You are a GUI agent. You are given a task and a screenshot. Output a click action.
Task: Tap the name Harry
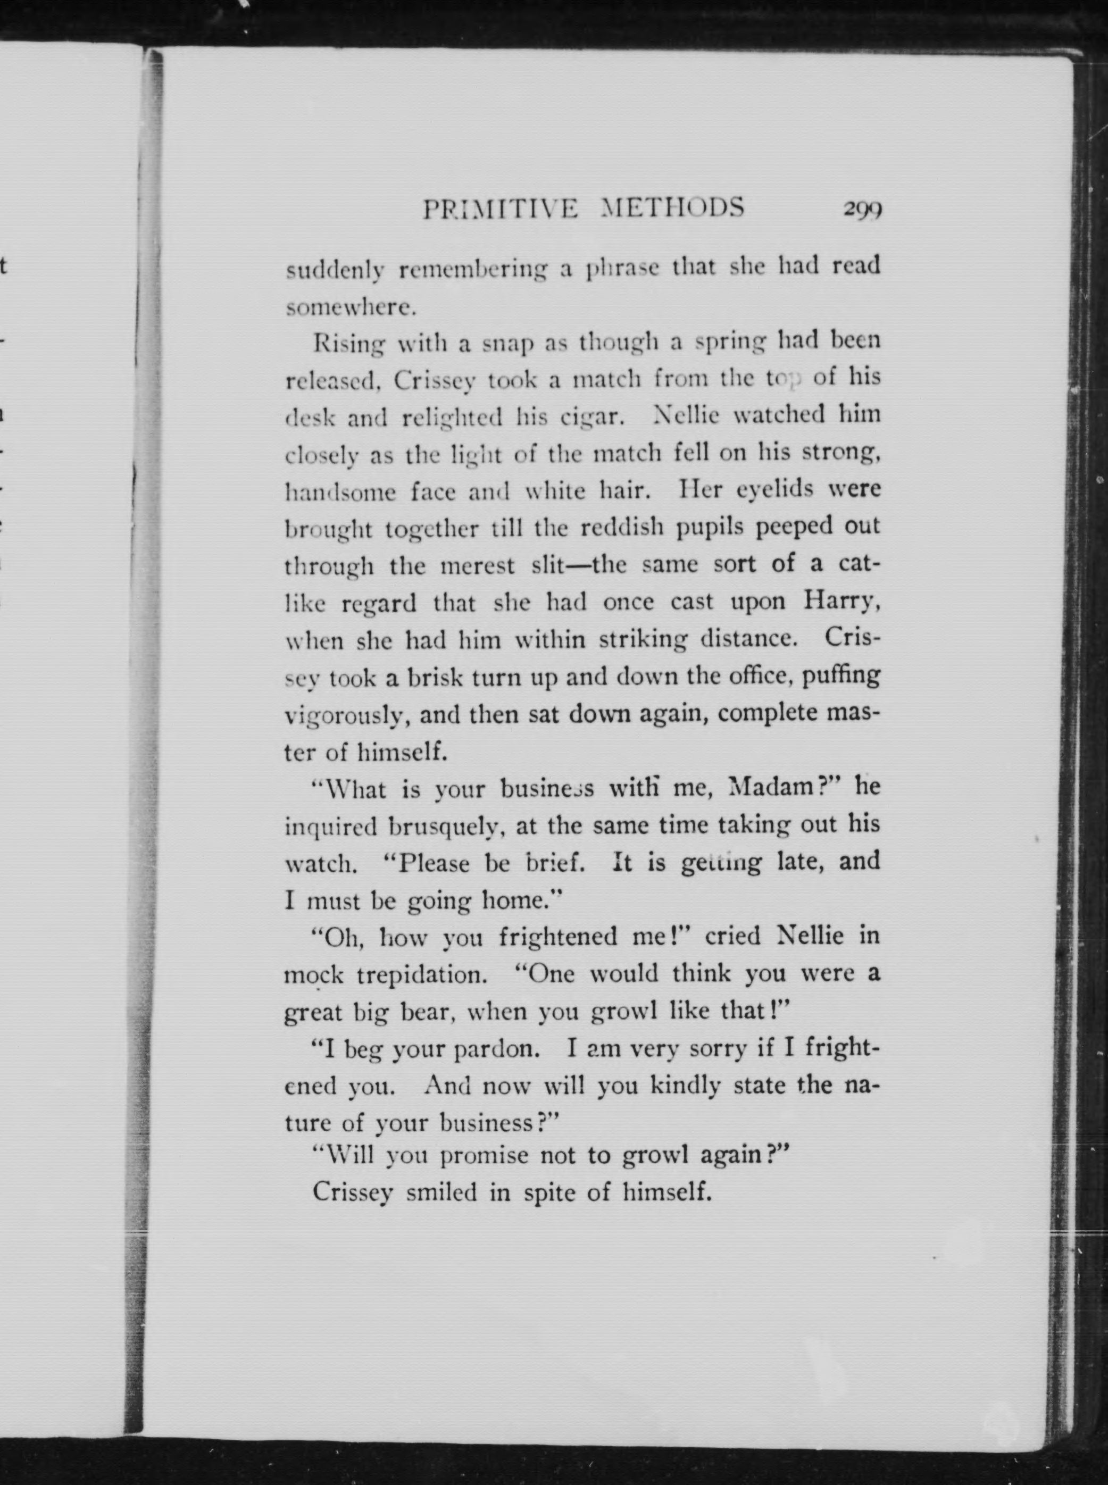[840, 602]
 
